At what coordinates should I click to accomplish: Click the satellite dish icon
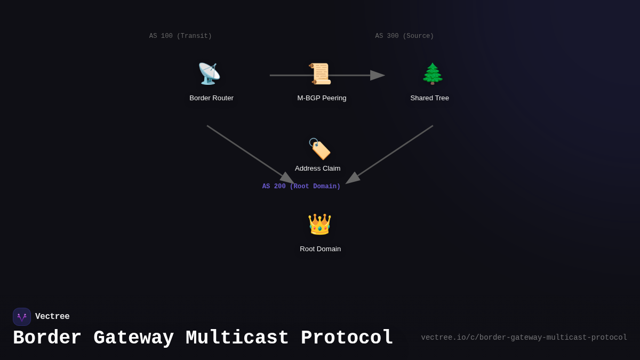point(209,74)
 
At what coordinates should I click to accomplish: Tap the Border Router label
point(211,98)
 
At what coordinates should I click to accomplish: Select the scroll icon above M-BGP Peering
point(320,74)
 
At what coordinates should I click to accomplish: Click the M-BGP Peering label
point(322,98)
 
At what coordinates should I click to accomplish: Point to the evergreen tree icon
point(433,74)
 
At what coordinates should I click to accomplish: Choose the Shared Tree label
point(429,98)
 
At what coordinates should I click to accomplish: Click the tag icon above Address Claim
point(319,149)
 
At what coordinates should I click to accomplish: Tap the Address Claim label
point(317,169)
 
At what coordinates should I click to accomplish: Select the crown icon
point(319,225)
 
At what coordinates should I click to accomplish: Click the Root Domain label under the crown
point(320,249)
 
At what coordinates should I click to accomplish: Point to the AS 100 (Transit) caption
point(180,36)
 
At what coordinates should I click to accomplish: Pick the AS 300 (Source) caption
point(404,36)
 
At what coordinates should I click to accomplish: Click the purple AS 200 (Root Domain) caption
point(301,187)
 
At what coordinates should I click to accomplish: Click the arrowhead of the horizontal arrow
point(378,75)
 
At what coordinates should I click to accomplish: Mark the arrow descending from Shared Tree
point(390,154)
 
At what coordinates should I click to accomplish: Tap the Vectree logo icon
point(22,317)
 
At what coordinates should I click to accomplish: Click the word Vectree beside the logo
point(52,317)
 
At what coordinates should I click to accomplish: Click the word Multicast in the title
point(237,338)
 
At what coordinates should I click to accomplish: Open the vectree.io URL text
point(524,338)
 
